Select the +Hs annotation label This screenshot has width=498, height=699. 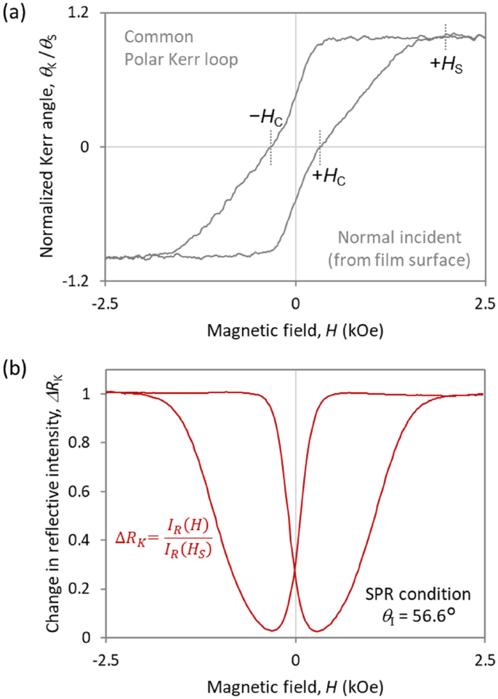(x=444, y=63)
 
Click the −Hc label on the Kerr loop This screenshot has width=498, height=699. (x=263, y=119)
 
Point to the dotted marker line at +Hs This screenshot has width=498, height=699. (x=446, y=31)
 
